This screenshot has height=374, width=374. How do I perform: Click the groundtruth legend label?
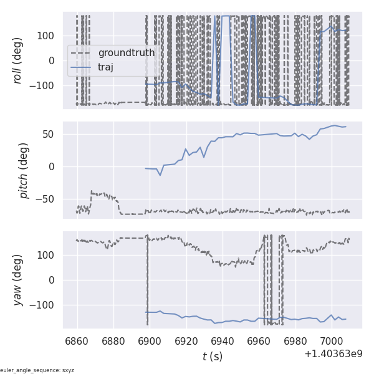click(127, 53)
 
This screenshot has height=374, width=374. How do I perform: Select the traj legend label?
click(106, 67)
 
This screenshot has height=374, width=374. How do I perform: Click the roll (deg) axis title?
click(19, 60)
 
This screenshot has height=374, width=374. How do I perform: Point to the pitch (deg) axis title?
click(24, 170)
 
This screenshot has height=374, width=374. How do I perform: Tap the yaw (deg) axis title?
click(19, 280)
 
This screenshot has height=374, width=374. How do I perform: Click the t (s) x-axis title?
click(212, 357)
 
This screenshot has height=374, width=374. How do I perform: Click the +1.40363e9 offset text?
click(333, 353)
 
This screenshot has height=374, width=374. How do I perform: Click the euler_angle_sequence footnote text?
click(37, 370)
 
